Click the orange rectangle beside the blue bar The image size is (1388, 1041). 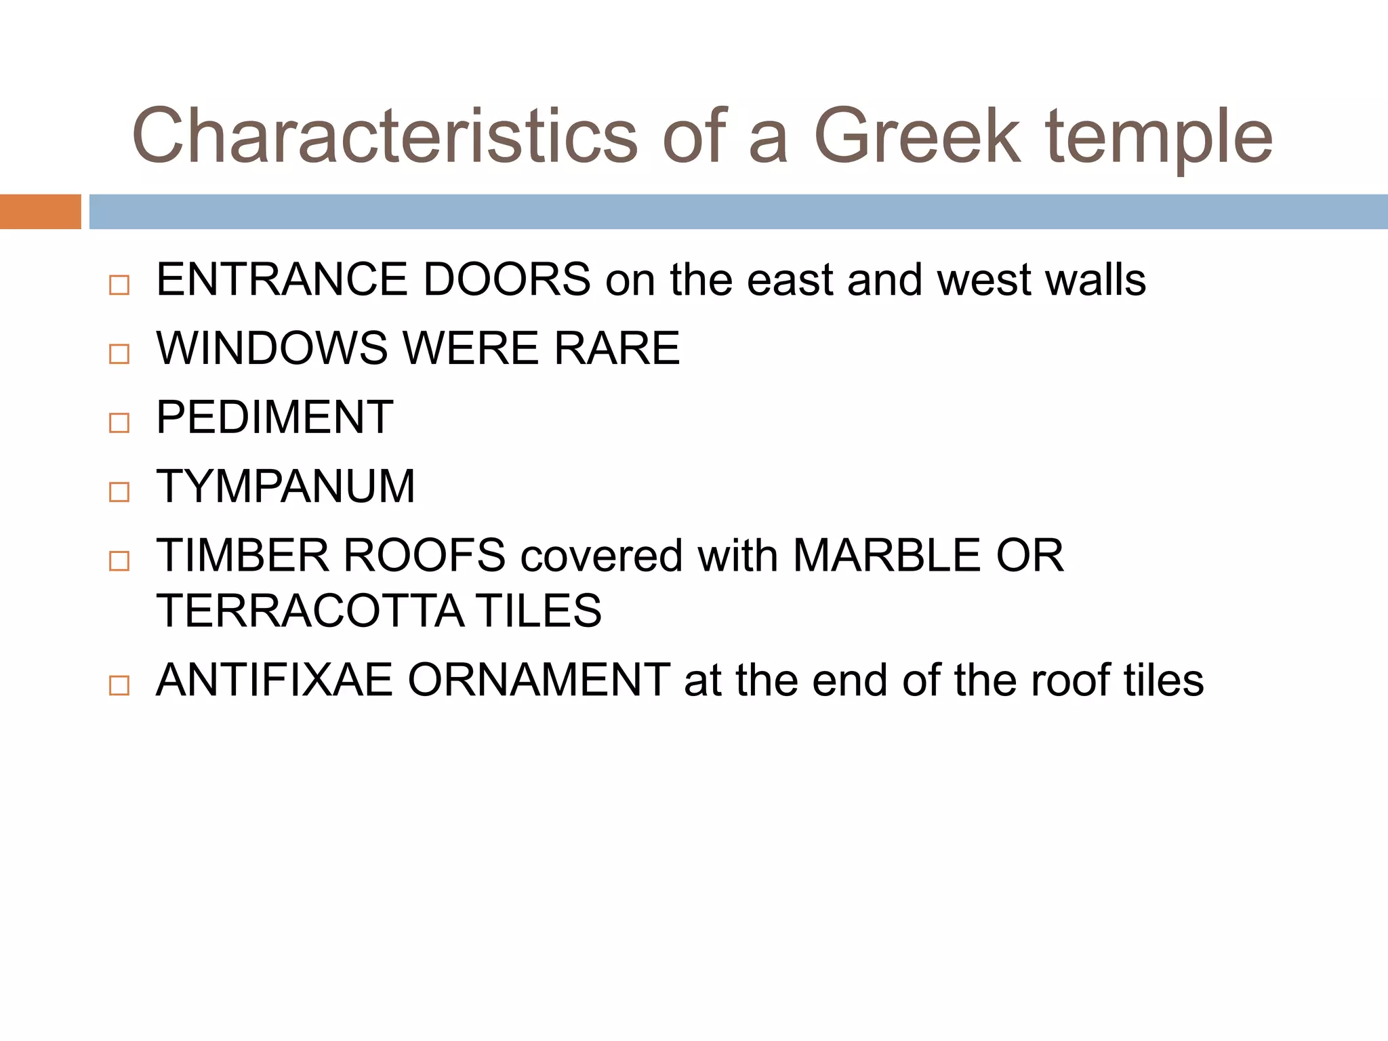(40, 211)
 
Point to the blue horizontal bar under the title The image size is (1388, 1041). (738, 211)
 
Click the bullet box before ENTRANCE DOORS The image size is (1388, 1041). (119, 285)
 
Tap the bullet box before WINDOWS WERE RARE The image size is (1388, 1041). (119, 354)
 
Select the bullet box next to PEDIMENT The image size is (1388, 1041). (119, 423)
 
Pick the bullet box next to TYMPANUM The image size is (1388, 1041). (119, 492)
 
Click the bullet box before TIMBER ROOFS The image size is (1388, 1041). (119, 561)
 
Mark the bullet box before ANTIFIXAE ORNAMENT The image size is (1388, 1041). (119, 685)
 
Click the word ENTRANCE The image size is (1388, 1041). (282, 279)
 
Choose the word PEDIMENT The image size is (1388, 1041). (274, 417)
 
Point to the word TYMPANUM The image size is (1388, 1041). (285, 487)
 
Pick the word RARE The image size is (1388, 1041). (617, 348)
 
